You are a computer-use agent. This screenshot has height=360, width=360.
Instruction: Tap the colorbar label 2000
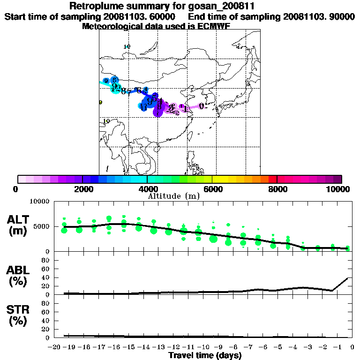[x=82, y=189]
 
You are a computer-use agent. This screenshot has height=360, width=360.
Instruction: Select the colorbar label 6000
[x=212, y=189]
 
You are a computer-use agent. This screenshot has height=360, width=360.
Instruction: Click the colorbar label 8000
[x=277, y=189]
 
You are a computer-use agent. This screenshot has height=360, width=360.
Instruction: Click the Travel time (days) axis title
[x=205, y=356]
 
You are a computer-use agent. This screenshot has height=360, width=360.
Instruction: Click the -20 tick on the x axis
[x=55, y=348]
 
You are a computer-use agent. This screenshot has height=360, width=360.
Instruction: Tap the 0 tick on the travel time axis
[x=352, y=348]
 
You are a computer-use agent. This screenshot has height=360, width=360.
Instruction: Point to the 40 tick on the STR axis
[x=46, y=321]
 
